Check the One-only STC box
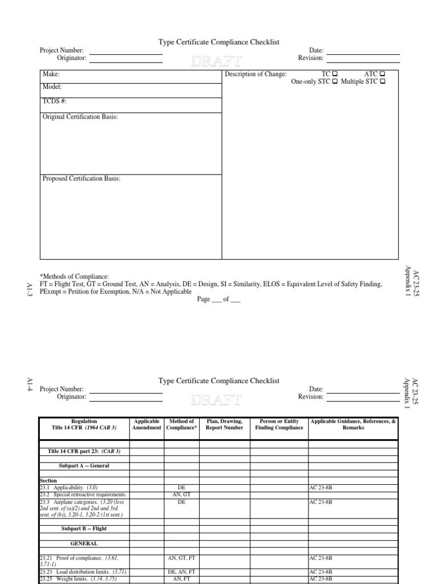pos(335,82)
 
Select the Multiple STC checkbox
pos(382,82)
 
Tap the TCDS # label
pos(55,102)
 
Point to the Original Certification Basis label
pos(80,117)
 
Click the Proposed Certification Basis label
pos(82,179)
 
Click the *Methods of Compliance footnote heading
pos(74,277)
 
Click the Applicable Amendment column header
pos(147,424)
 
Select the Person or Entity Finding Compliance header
pos(279,424)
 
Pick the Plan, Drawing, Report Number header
pos(224,424)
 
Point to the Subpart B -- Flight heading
pos(84,529)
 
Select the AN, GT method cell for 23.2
pos(181,494)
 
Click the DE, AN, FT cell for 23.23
pos(181,571)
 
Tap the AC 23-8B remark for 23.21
pos(321,558)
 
